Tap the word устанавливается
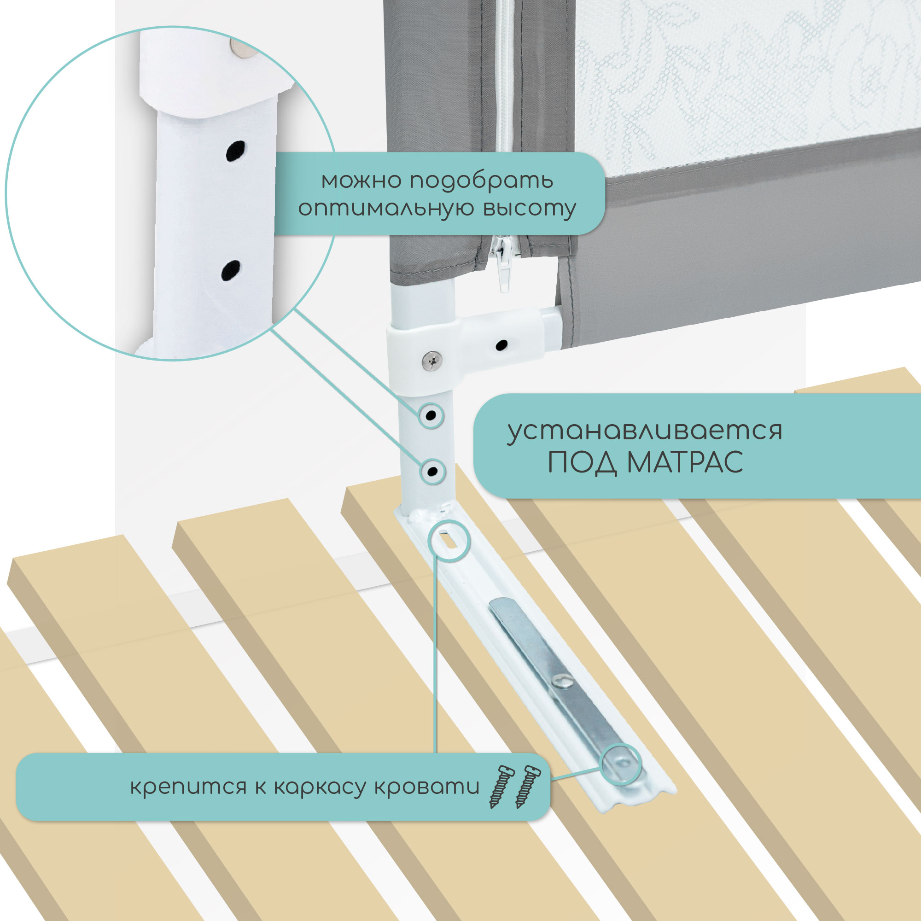[x=645, y=431]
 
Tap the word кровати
[x=427, y=786]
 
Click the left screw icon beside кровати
[x=501, y=787]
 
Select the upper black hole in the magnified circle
[x=235, y=151]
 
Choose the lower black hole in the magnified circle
[x=230, y=271]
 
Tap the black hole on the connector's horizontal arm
[x=501, y=344]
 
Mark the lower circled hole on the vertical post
[x=432, y=472]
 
